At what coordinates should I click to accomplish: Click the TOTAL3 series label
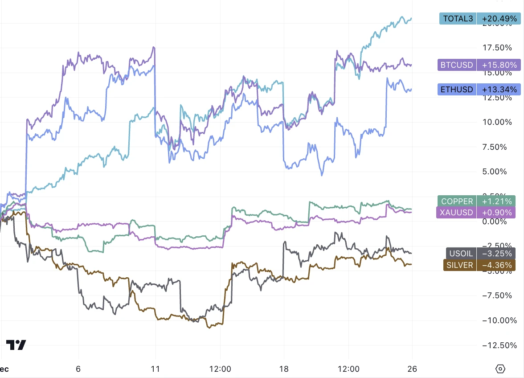(458, 19)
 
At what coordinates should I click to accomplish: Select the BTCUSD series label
(457, 65)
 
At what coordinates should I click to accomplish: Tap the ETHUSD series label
(457, 90)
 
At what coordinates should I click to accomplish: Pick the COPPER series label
(457, 201)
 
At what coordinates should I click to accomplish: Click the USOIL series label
(461, 254)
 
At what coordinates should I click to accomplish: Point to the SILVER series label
(460, 265)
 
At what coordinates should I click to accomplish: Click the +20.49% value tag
(497, 19)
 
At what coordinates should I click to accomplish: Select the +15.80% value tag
(497, 65)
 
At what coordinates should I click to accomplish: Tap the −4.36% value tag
(496, 265)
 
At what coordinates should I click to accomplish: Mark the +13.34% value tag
(497, 90)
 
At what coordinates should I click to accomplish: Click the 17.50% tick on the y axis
(497, 48)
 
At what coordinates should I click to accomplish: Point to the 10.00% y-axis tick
(497, 122)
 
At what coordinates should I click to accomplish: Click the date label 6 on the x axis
(78, 369)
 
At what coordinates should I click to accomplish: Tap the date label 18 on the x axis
(284, 369)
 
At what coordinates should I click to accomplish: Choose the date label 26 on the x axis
(412, 369)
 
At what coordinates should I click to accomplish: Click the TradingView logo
(16, 345)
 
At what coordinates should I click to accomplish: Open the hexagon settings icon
(500, 369)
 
